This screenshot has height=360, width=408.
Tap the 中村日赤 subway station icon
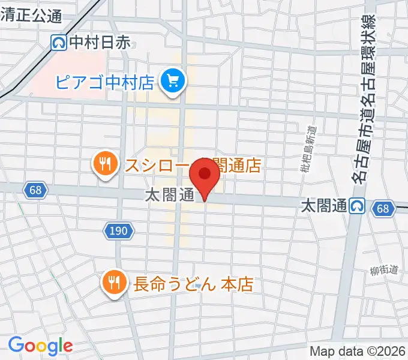[x=59, y=42]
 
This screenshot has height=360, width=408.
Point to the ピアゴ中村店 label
[x=105, y=82]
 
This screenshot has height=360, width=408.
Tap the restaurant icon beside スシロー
[x=105, y=164]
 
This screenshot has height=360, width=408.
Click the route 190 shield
[x=118, y=229]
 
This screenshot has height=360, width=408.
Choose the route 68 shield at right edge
[x=383, y=208]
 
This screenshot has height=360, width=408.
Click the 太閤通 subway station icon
[x=358, y=206]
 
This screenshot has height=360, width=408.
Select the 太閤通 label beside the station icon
[x=324, y=206]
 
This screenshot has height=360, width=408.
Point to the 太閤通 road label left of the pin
[x=169, y=195]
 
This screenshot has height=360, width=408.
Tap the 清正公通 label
[x=31, y=16]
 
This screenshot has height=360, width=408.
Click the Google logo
[x=40, y=345]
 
